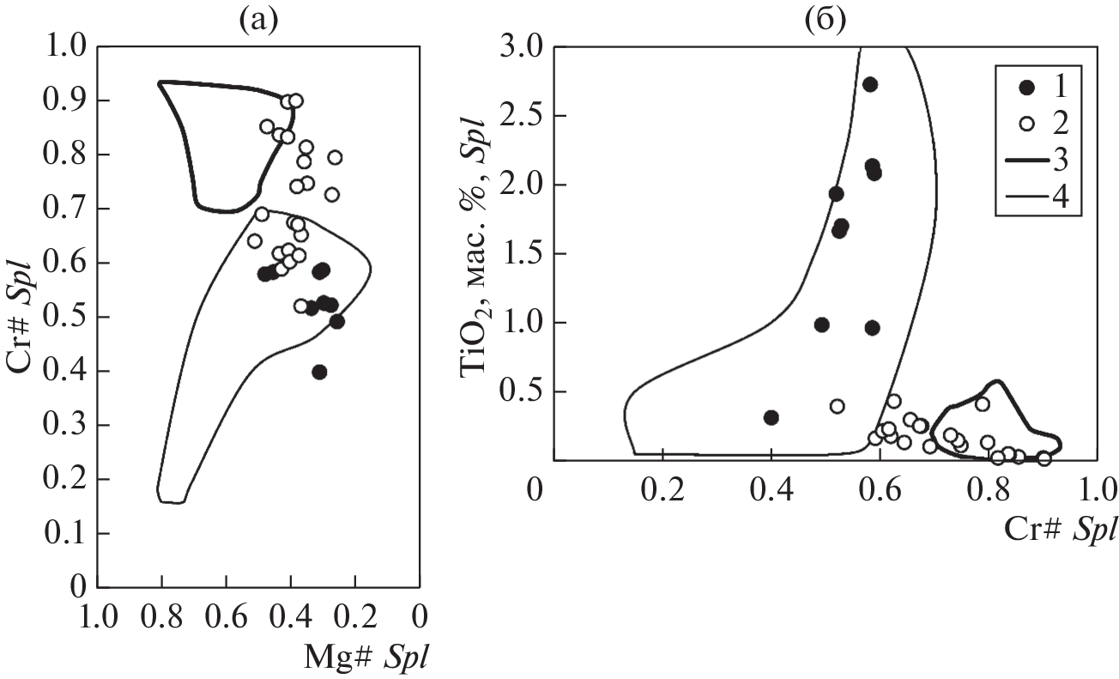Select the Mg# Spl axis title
click(366, 657)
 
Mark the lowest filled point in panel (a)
click(319, 372)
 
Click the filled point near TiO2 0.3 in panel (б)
click(771, 417)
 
